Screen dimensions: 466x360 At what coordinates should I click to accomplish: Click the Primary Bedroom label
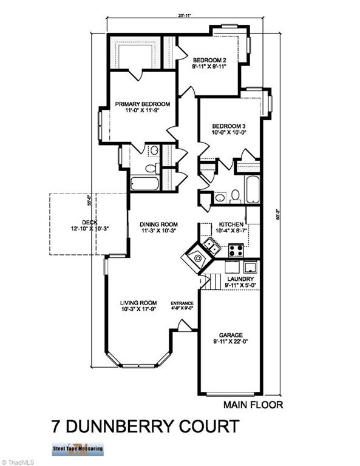pos(143,104)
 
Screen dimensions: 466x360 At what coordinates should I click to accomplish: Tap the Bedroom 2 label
pos(210,59)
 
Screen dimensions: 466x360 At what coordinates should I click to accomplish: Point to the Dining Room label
pos(158,223)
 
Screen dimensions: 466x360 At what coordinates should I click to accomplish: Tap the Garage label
pos(231,335)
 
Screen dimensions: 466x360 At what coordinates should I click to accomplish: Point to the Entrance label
pos(182,303)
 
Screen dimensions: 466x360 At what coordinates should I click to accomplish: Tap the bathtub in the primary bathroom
pos(144,183)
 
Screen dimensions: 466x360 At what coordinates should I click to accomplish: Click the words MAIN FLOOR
pos(253,405)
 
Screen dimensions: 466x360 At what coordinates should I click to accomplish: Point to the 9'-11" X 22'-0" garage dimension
pos(231,343)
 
